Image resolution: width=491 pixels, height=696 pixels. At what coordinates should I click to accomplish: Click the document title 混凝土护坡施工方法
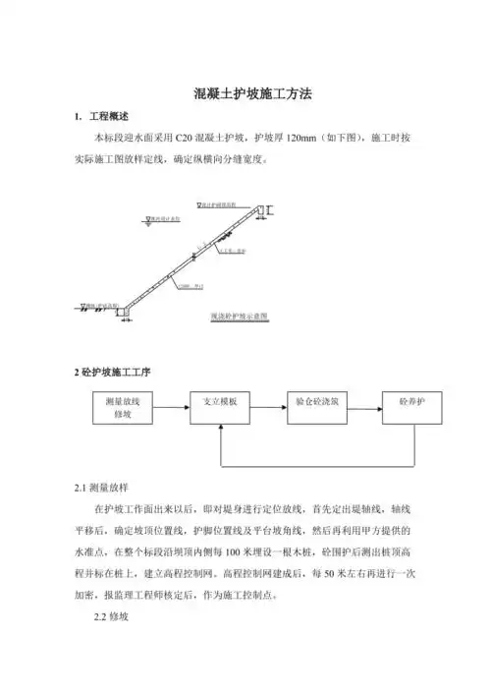(245, 95)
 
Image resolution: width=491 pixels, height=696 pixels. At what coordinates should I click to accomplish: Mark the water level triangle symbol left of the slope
(145, 221)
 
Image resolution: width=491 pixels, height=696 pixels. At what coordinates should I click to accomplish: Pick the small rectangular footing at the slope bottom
(125, 312)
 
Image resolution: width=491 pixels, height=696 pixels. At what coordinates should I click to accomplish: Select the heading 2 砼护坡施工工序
(113, 373)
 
